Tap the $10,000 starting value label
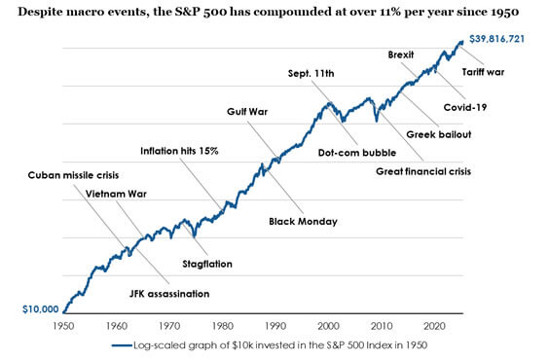[40, 307]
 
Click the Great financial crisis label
[423, 172]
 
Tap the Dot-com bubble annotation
[357, 152]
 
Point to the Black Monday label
[303, 222]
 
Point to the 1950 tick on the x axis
[63, 326]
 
